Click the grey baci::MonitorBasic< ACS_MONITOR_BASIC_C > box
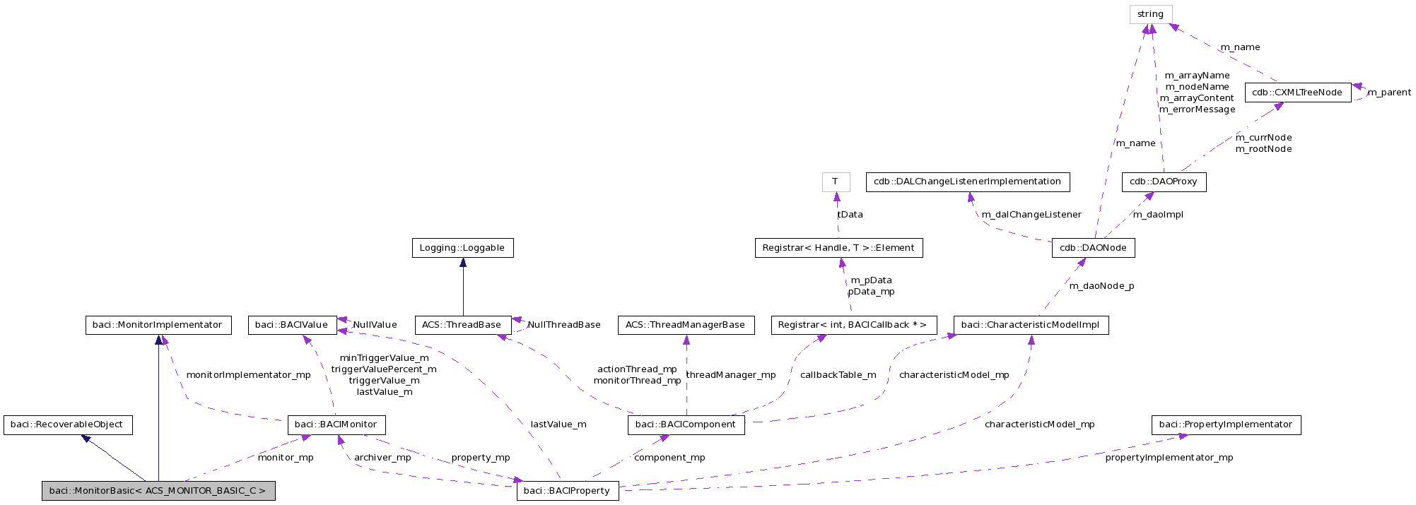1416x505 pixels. pyautogui.click(x=158, y=491)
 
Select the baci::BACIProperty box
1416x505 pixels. pyautogui.click(x=567, y=491)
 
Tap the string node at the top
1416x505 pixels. pyautogui.click(x=1150, y=14)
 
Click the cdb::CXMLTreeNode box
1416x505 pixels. pyautogui.click(x=1297, y=93)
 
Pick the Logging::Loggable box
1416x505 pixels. pyautogui.click(x=462, y=248)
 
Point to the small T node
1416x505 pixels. pyautogui.click(x=836, y=182)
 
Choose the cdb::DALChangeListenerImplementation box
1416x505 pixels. pyautogui.click(x=967, y=182)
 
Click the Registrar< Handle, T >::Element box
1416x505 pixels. pyautogui.click(x=838, y=248)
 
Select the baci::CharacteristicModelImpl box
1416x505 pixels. pyautogui.click(x=1031, y=325)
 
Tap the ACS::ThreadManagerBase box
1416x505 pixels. pyautogui.click(x=685, y=325)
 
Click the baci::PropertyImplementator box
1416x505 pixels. pyautogui.click(x=1226, y=424)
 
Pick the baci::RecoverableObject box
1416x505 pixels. pyautogui.click(x=68, y=424)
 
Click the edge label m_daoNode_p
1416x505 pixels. pyautogui.click(x=1101, y=286)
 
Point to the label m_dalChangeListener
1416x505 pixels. pyautogui.click(x=1031, y=215)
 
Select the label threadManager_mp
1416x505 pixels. pyautogui.click(x=731, y=375)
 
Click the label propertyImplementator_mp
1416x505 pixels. pyautogui.click(x=1169, y=458)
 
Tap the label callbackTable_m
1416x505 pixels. pyautogui.click(x=838, y=375)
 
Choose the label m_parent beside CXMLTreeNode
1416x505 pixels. pyautogui.click(x=1389, y=93)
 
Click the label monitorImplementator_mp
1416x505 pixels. pyautogui.click(x=248, y=375)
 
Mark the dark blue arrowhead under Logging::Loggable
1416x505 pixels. pyautogui.click(x=463, y=263)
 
